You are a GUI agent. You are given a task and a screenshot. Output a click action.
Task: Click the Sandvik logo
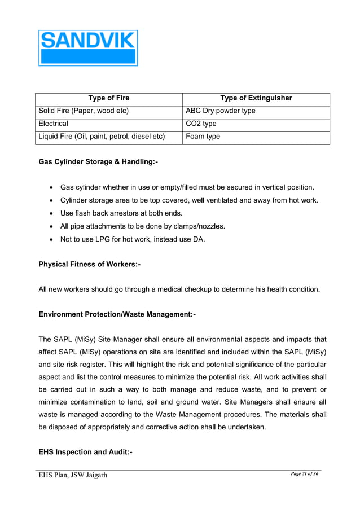point(88,48)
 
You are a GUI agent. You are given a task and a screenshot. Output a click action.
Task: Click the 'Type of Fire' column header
point(109,98)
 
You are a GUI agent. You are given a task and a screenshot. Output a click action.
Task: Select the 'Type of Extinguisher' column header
point(256,98)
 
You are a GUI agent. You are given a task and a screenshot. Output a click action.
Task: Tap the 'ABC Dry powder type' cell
point(220,111)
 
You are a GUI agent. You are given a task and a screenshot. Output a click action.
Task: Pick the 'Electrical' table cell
point(53,124)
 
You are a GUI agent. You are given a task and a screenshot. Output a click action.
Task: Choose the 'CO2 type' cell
point(201,124)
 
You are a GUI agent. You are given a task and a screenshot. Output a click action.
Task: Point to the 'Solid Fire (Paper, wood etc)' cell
point(84,111)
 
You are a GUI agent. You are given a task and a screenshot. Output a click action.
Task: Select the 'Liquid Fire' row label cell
point(102,137)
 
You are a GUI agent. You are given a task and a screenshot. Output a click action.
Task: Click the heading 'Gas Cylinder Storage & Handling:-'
point(98,163)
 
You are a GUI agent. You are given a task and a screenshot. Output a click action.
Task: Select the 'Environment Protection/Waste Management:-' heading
point(117,314)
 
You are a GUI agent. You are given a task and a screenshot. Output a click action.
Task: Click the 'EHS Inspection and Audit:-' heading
point(85,452)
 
